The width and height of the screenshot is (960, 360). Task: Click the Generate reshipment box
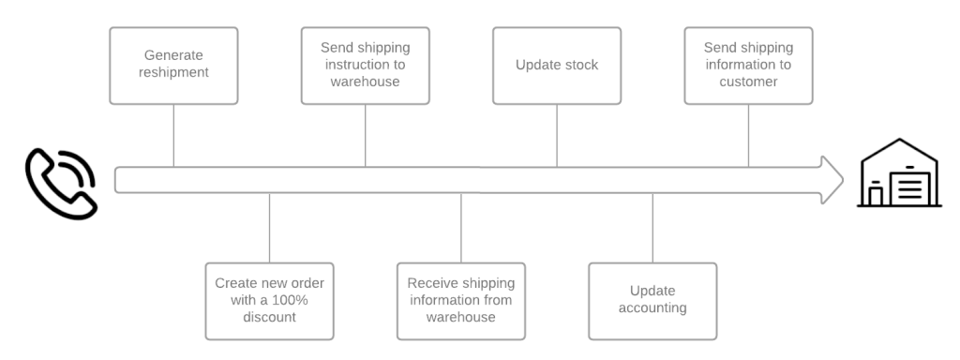tap(173, 64)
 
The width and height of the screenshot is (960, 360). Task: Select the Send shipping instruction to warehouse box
tap(365, 64)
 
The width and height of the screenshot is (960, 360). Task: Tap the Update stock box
tap(557, 64)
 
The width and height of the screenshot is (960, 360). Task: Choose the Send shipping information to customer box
tap(748, 64)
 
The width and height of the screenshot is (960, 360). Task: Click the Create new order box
tap(269, 300)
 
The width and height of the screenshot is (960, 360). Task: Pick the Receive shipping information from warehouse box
tap(460, 300)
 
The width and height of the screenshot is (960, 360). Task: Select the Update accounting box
tap(652, 300)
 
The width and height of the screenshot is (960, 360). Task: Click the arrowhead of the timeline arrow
tap(832, 179)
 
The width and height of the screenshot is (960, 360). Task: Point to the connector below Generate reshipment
tap(173, 135)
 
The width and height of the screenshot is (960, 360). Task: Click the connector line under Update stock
tap(557, 135)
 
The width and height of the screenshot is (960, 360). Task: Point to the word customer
tap(748, 82)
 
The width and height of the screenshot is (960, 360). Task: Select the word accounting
tap(652, 308)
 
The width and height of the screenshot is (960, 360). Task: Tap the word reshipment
tap(173, 73)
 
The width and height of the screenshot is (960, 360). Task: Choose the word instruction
tap(356, 65)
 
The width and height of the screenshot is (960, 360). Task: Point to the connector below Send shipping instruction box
tap(365, 135)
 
